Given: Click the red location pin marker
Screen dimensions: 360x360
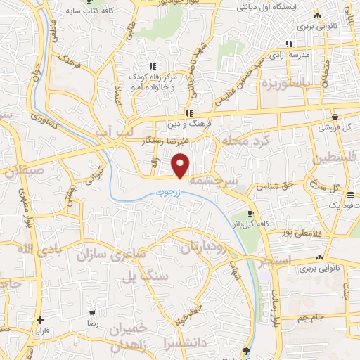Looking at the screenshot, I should click(x=181, y=166).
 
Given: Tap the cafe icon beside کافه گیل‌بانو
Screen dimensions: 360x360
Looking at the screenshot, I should click(x=251, y=213).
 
